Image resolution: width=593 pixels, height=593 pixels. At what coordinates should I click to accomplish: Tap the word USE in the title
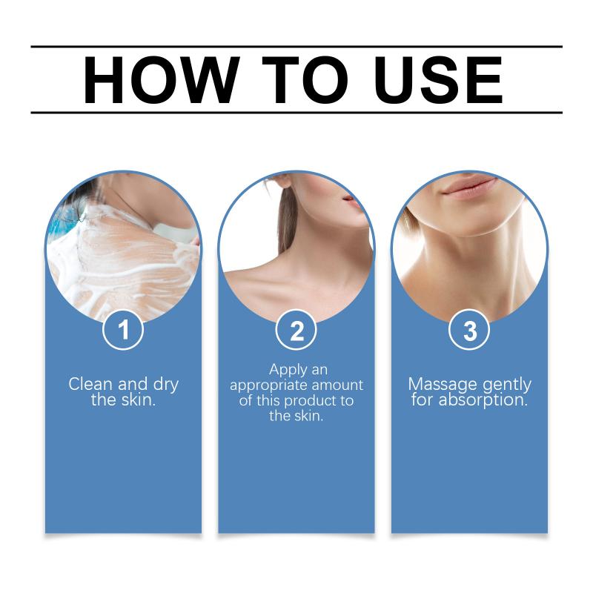pos(438,80)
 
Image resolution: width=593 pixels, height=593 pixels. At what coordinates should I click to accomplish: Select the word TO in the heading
pos(305,80)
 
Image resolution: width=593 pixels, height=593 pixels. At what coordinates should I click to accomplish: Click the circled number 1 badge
pos(123,330)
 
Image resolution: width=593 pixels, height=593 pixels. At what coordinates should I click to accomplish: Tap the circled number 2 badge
pos(296,330)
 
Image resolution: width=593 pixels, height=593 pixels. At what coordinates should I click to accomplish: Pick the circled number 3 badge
pos(469,330)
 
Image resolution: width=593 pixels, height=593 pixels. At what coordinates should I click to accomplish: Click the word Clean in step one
pos(90,384)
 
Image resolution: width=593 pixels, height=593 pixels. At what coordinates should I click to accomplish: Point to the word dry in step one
pos(165,385)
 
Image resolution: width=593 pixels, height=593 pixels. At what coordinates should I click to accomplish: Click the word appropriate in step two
pos(268,386)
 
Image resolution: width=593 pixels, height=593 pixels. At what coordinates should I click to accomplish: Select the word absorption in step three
pos(483,401)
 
